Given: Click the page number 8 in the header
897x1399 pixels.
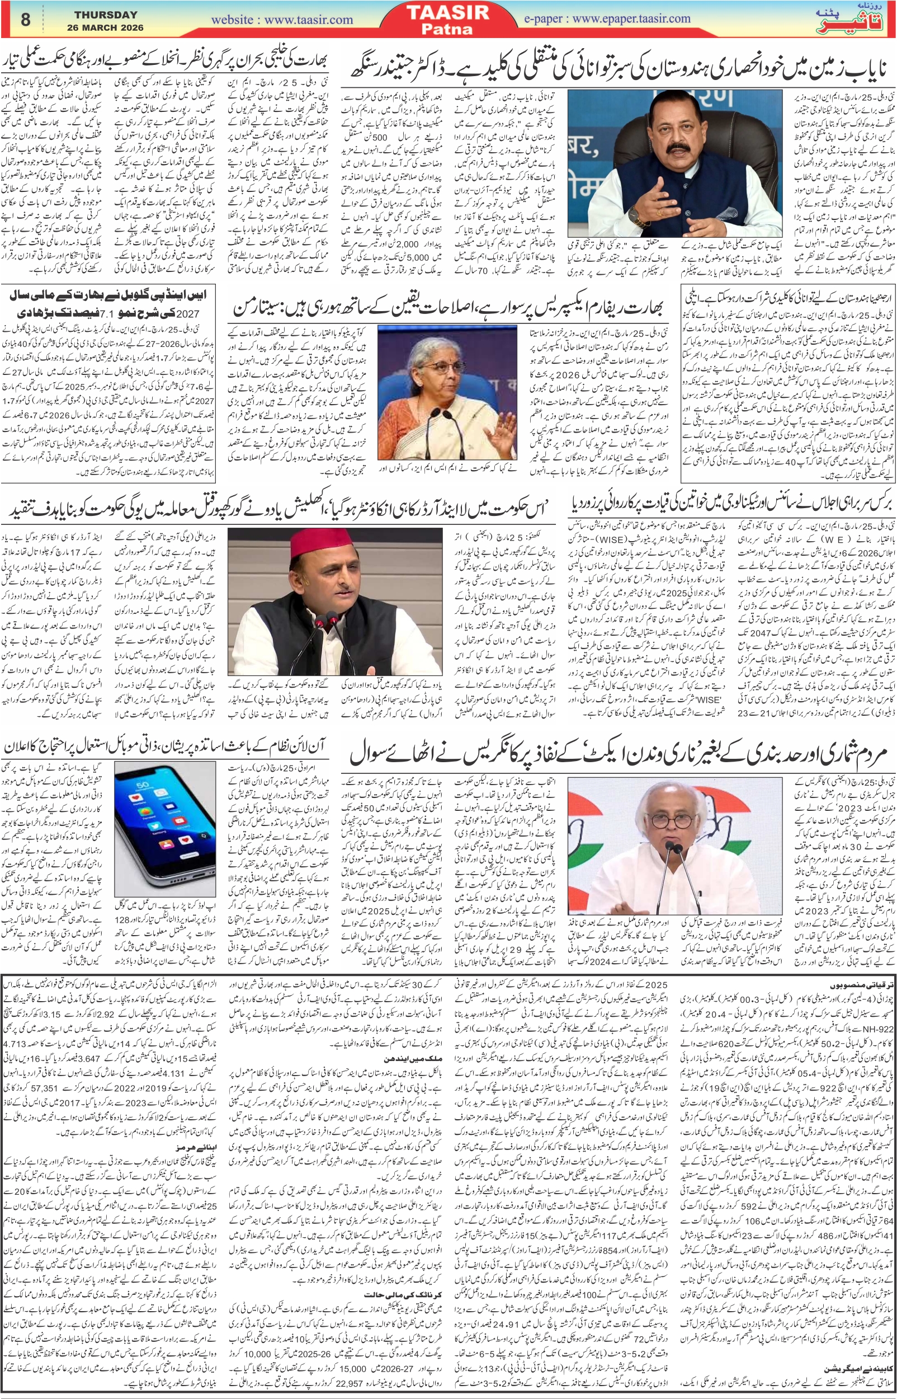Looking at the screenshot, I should click(x=25, y=20).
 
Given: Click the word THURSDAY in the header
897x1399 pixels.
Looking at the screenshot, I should click(x=106, y=15).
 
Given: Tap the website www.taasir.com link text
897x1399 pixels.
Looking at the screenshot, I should click(x=282, y=20).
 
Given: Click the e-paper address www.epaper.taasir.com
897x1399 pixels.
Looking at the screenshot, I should click(x=606, y=18).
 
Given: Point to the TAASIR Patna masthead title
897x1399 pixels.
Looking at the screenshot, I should click(x=447, y=19).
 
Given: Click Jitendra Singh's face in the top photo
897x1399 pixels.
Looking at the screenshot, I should click(x=675, y=134).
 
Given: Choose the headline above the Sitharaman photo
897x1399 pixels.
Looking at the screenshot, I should click(x=448, y=306).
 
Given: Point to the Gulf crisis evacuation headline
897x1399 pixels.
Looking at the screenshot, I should click(x=166, y=60).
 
